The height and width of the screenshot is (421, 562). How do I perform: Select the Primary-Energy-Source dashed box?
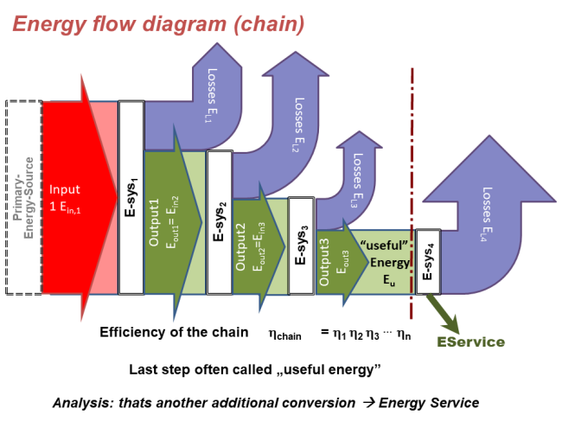tap(22, 197)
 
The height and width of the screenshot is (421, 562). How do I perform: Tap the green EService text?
tap(469, 342)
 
